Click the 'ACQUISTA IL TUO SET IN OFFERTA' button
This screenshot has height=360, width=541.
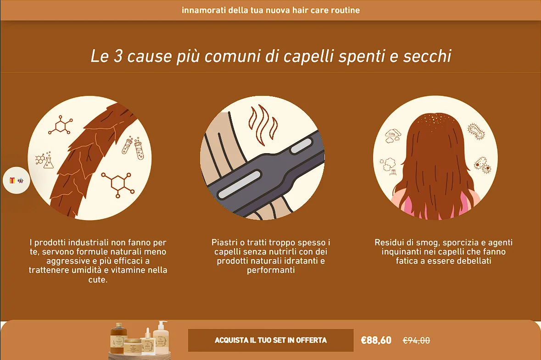pyautogui.click(x=271, y=340)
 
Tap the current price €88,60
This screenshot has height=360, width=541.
pyautogui.click(x=376, y=340)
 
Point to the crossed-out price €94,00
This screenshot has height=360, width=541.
pyautogui.click(x=417, y=341)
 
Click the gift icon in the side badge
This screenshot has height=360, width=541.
pyautogui.click(x=12, y=180)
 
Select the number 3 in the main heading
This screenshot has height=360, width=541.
pyautogui.click(x=118, y=56)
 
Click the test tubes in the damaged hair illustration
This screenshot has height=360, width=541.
pyautogui.click(x=133, y=148)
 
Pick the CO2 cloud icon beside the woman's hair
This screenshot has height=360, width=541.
pyautogui.click(x=393, y=136)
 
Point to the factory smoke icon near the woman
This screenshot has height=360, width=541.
pyautogui.click(x=389, y=166)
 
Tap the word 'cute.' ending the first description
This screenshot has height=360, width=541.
pyautogui.click(x=98, y=280)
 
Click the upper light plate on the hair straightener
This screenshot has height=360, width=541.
pyautogui.click(x=301, y=146)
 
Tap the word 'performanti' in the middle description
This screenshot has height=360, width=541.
pyautogui.click(x=271, y=270)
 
